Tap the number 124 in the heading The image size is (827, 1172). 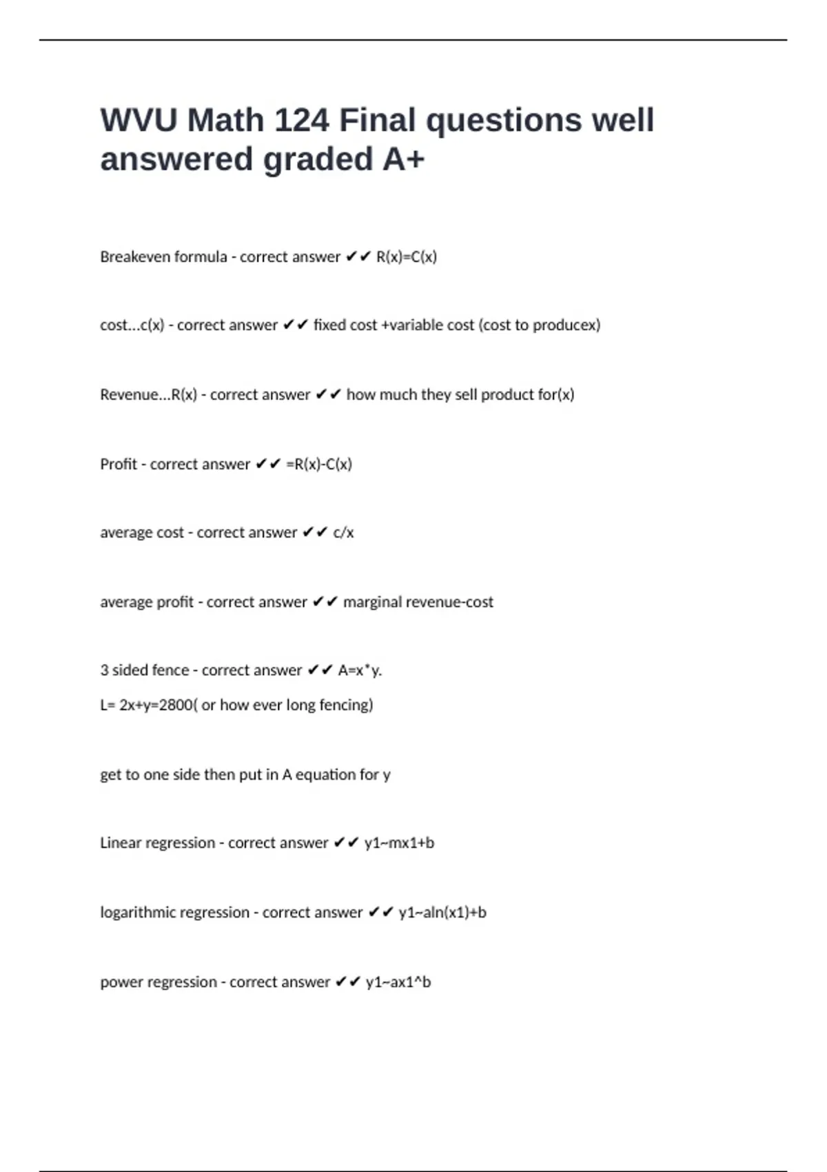(x=302, y=121)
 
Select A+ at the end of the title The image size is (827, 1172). (x=404, y=160)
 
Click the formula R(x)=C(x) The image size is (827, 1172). (x=407, y=257)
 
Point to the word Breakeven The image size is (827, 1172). (x=129, y=257)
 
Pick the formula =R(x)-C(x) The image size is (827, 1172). (x=319, y=465)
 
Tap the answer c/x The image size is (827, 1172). (x=343, y=533)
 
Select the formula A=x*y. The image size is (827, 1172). (x=360, y=670)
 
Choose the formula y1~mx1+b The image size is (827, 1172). (x=399, y=843)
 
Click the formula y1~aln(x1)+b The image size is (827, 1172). (x=442, y=913)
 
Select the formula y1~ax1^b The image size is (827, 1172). (x=398, y=982)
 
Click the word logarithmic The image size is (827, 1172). (x=140, y=913)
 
